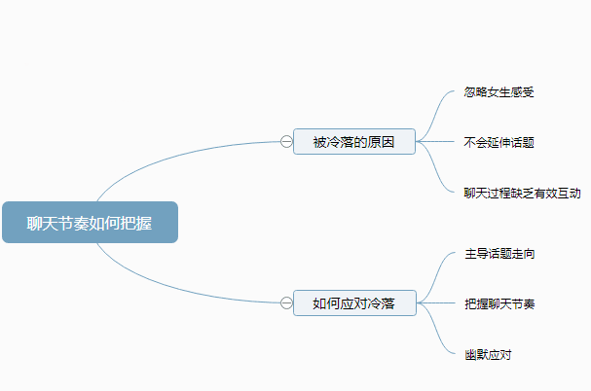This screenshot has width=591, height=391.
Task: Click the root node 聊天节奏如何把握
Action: [90, 223]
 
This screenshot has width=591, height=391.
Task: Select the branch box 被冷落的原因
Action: [354, 142]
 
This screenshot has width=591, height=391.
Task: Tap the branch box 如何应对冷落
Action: [354, 303]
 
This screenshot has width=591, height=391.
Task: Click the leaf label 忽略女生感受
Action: [499, 92]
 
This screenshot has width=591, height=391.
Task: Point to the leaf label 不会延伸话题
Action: [499, 142]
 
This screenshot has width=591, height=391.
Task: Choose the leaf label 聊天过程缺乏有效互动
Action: [523, 193]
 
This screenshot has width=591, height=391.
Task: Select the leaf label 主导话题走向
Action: [499, 254]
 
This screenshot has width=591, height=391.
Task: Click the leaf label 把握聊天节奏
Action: [499, 303]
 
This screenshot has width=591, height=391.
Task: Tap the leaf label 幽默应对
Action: [488, 354]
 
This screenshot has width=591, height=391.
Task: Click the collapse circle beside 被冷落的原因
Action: [286, 142]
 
